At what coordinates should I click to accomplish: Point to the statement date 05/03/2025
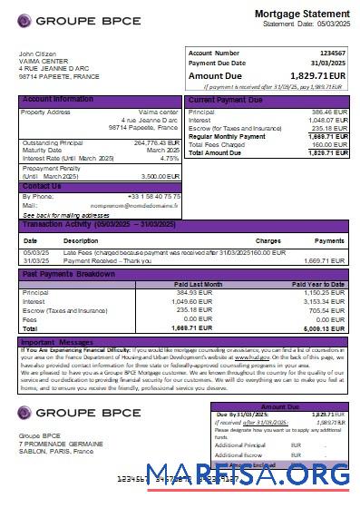point(328,24)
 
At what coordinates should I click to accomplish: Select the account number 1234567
point(333,54)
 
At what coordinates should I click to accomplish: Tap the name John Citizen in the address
point(37,54)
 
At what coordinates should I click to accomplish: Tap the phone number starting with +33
point(154,196)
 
